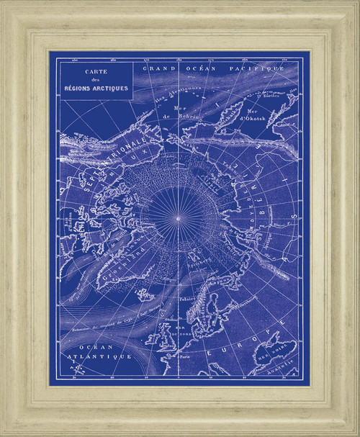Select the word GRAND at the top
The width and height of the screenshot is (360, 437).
tap(158, 68)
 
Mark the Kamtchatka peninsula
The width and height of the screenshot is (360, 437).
tap(229, 114)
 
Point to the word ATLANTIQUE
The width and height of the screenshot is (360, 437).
tap(106, 356)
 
